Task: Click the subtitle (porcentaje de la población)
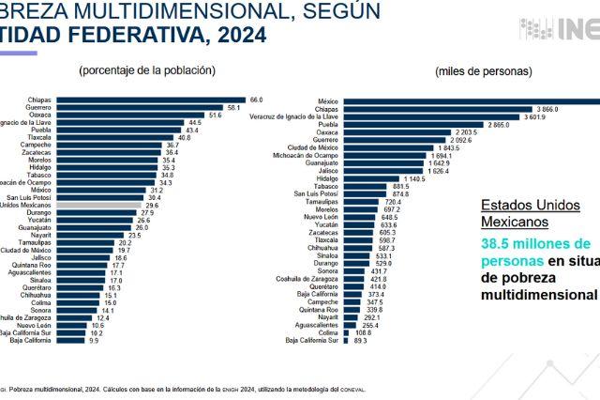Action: [148, 70]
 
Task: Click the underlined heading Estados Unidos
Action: [524, 205]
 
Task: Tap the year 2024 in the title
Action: [239, 35]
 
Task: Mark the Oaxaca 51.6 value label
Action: [215, 115]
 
